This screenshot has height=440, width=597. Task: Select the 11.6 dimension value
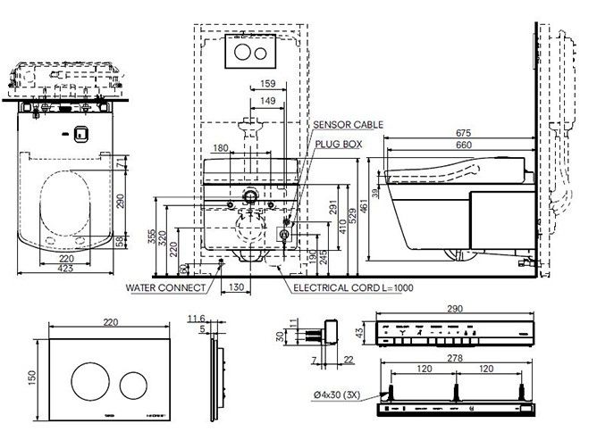(198, 317)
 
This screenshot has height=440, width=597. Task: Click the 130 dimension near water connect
(235, 287)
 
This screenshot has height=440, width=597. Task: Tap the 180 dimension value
(221, 148)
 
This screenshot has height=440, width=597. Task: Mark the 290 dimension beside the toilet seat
(122, 202)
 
